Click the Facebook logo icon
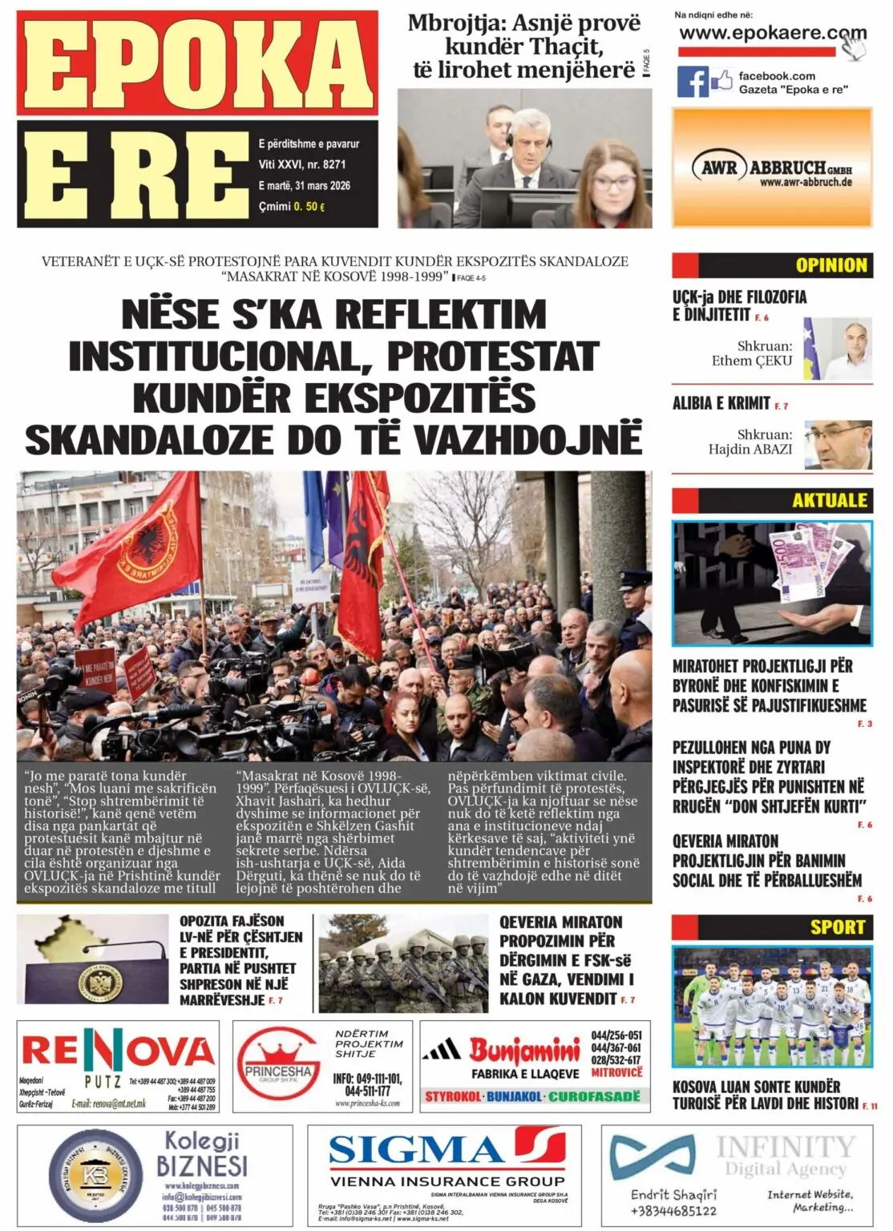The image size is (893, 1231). coord(693,82)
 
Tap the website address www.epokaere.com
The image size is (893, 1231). coord(772,34)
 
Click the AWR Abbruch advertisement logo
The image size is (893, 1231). coord(772,168)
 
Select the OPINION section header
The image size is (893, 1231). coord(830,265)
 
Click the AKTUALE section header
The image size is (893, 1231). coord(830,500)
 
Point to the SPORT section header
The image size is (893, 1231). coord(837,927)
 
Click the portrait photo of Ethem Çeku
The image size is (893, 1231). coord(837,348)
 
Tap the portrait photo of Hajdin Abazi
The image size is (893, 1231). coord(837,444)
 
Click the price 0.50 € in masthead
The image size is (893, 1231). coord(309,207)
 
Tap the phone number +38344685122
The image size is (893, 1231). coord(673,1210)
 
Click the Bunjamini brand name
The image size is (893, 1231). coord(524,1049)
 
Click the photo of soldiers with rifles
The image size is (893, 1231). coord(403,961)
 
